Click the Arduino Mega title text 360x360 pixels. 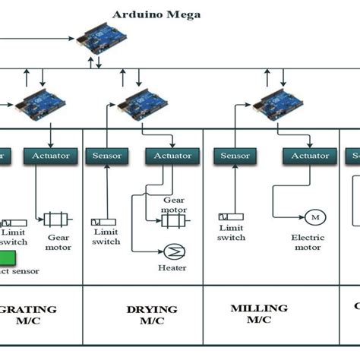[x=157, y=14]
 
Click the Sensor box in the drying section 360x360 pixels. [x=107, y=156]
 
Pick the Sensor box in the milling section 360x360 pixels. [x=235, y=156]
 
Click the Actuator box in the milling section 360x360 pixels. [x=310, y=156]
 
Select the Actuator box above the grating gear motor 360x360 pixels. [x=51, y=156]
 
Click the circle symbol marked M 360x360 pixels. [x=312, y=219]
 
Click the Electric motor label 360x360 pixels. [x=308, y=242]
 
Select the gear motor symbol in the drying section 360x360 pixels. [x=174, y=220]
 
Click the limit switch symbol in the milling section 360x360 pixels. [x=230, y=216]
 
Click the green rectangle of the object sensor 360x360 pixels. [x=10, y=257]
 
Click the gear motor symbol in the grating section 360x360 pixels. [x=57, y=219]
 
